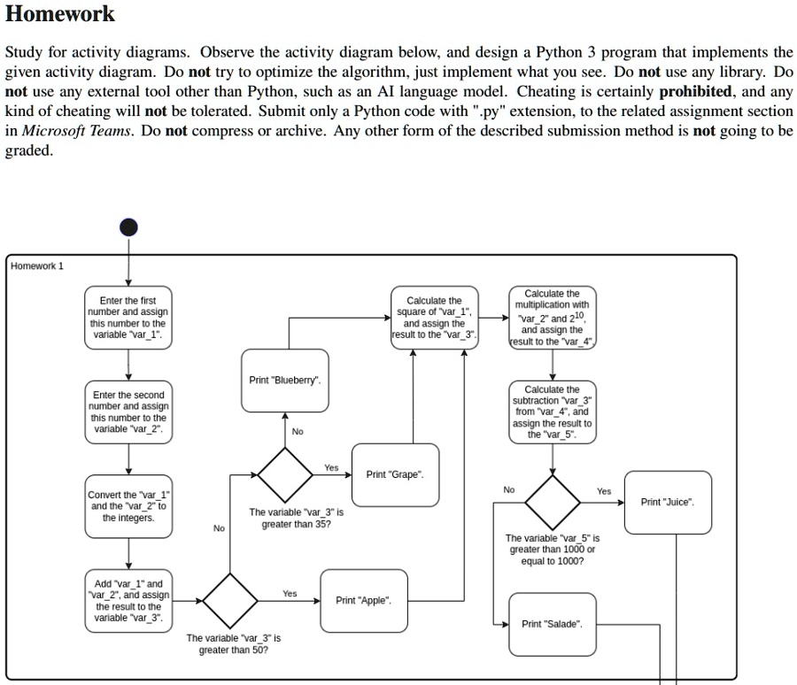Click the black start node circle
point(129,227)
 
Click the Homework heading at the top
point(60,14)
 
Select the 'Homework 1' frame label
point(37,266)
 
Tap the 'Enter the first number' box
point(129,319)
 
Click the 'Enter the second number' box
point(129,412)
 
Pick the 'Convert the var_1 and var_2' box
point(129,506)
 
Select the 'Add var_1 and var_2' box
point(129,601)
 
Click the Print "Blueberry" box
point(285,381)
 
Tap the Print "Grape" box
point(395,475)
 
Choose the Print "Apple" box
point(364,601)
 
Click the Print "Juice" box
point(668,503)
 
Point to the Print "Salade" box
point(552,625)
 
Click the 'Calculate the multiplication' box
point(552,317)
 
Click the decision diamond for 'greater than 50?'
point(231,600)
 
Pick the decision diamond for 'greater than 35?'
point(285,474)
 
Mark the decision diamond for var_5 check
point(552,502)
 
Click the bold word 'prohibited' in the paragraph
point(696,92)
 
